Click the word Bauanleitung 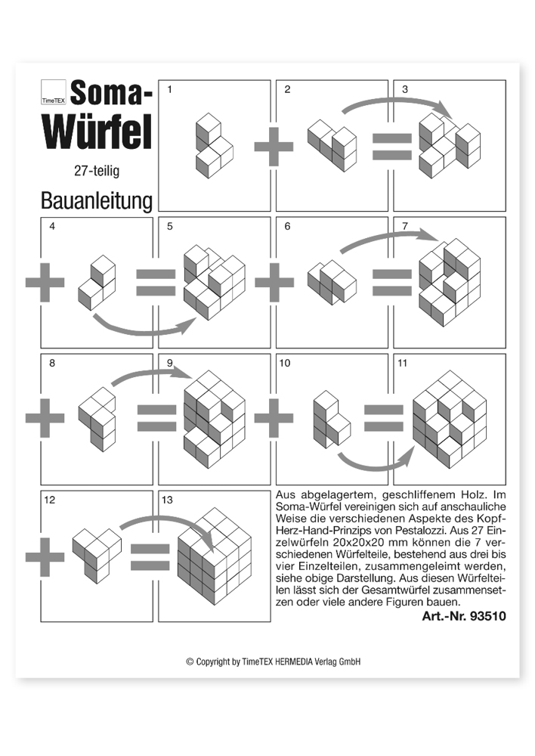(97, 200)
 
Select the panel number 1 (169, 90)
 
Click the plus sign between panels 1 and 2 (273, 145)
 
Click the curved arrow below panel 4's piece (144, 326)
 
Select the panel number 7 (406, 226)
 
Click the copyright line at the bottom (274, 661)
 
